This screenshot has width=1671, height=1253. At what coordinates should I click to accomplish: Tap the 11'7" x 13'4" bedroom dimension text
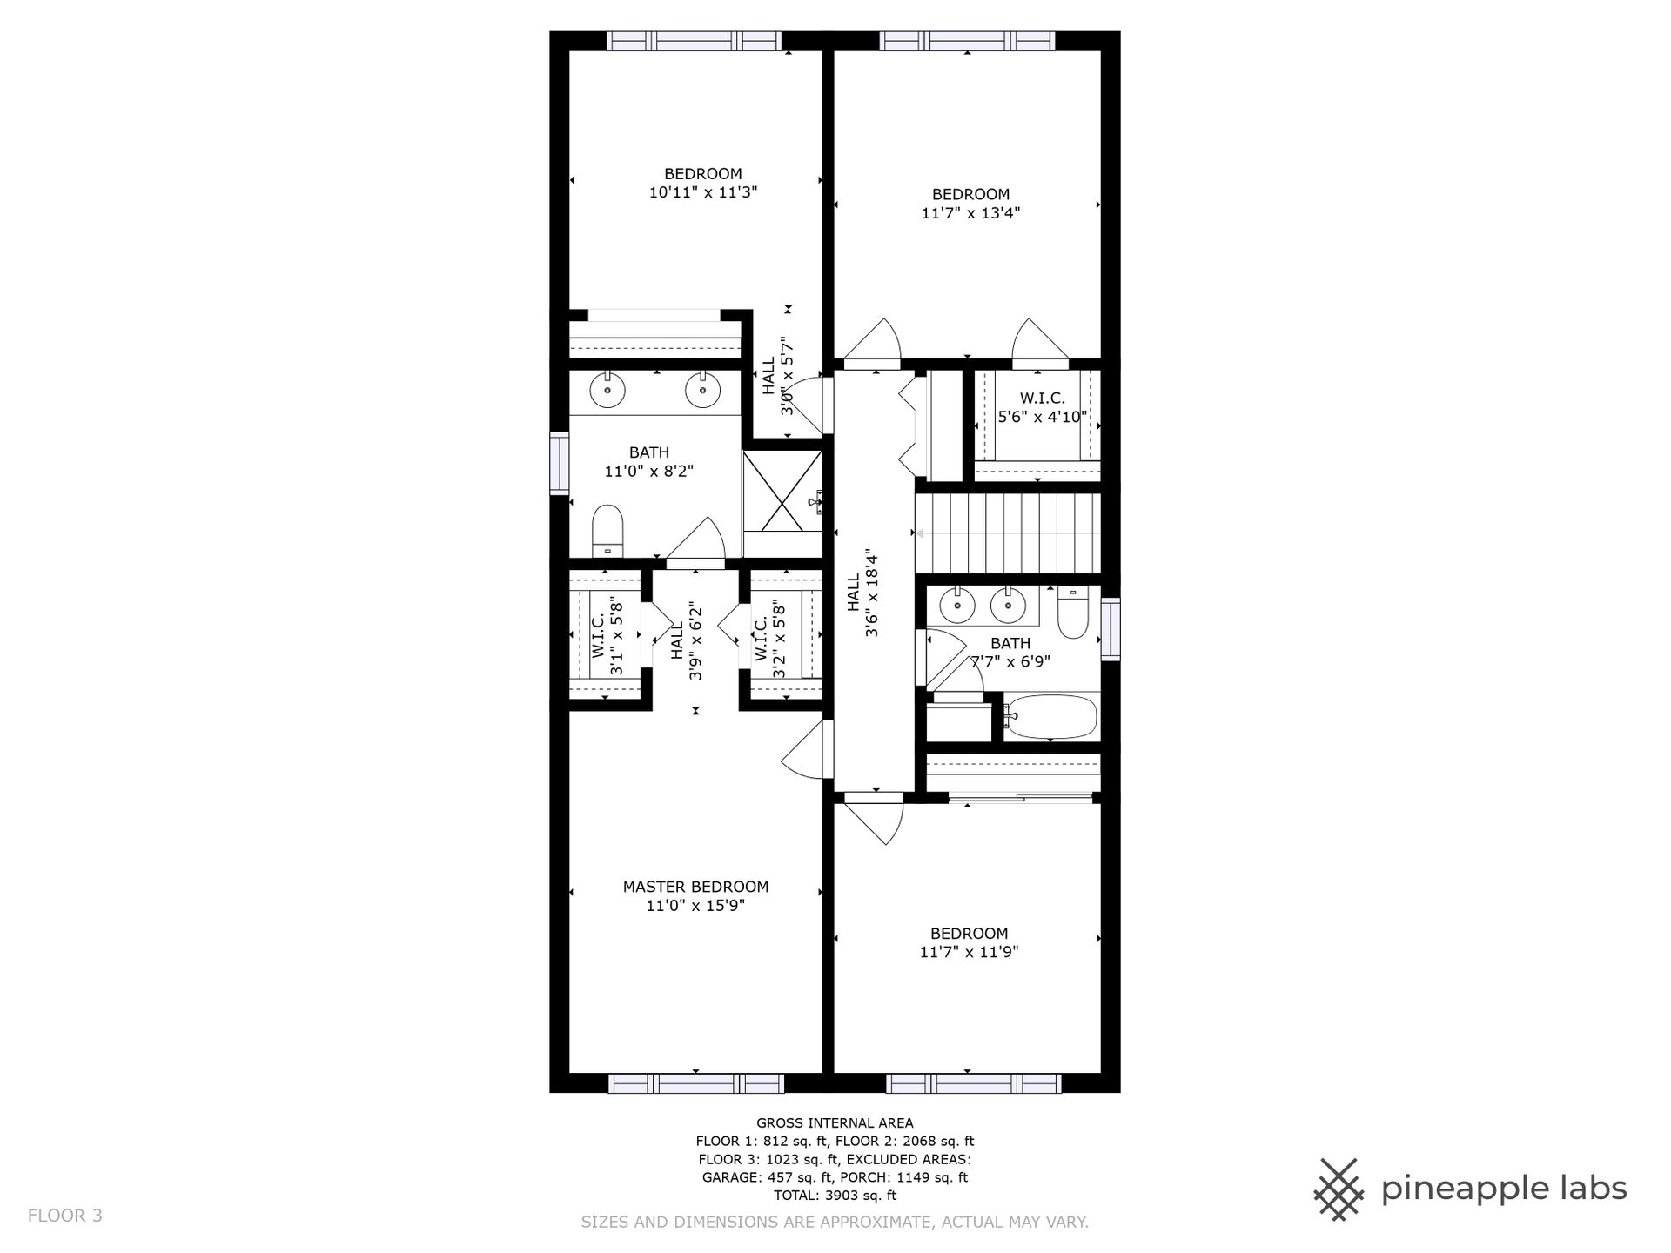(x=970, y=212)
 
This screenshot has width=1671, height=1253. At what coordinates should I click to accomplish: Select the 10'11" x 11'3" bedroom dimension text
(x=703, y=192)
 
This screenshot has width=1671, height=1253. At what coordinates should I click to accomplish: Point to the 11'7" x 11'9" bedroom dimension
(x=969, y=952)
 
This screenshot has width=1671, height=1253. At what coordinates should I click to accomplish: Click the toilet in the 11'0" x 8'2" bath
(x=607, y=531)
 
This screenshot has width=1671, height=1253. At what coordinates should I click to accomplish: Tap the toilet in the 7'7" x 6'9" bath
(x=1073, y=614)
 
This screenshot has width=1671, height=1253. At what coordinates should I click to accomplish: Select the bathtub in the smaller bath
(x=1051, y=717)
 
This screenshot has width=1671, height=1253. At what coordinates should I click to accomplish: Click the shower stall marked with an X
(x=783, y=491)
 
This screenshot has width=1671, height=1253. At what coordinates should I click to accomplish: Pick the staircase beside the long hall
(x=1007, y=533)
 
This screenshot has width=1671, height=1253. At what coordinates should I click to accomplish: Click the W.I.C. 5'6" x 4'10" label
(x=1043, y=407)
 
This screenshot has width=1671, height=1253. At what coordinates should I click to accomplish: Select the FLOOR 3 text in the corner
(x=65, y=1216)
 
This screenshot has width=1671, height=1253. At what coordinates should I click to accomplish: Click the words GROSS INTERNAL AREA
(x=835, y=1123)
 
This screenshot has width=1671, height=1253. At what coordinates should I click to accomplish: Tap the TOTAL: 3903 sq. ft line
(x=835, y=1196)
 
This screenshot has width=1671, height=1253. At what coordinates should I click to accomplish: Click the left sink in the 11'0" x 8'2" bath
(x=607, y=391)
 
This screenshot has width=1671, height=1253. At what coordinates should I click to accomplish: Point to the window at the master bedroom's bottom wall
(x=695, y=1083)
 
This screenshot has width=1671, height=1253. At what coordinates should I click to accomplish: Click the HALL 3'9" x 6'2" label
(x=687, y=640)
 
